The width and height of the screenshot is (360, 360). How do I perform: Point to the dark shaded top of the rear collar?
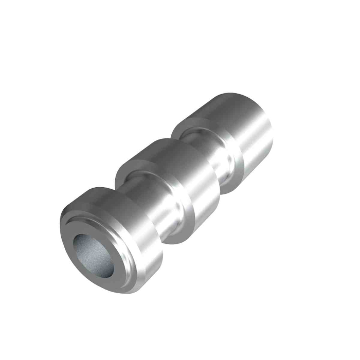226,100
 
